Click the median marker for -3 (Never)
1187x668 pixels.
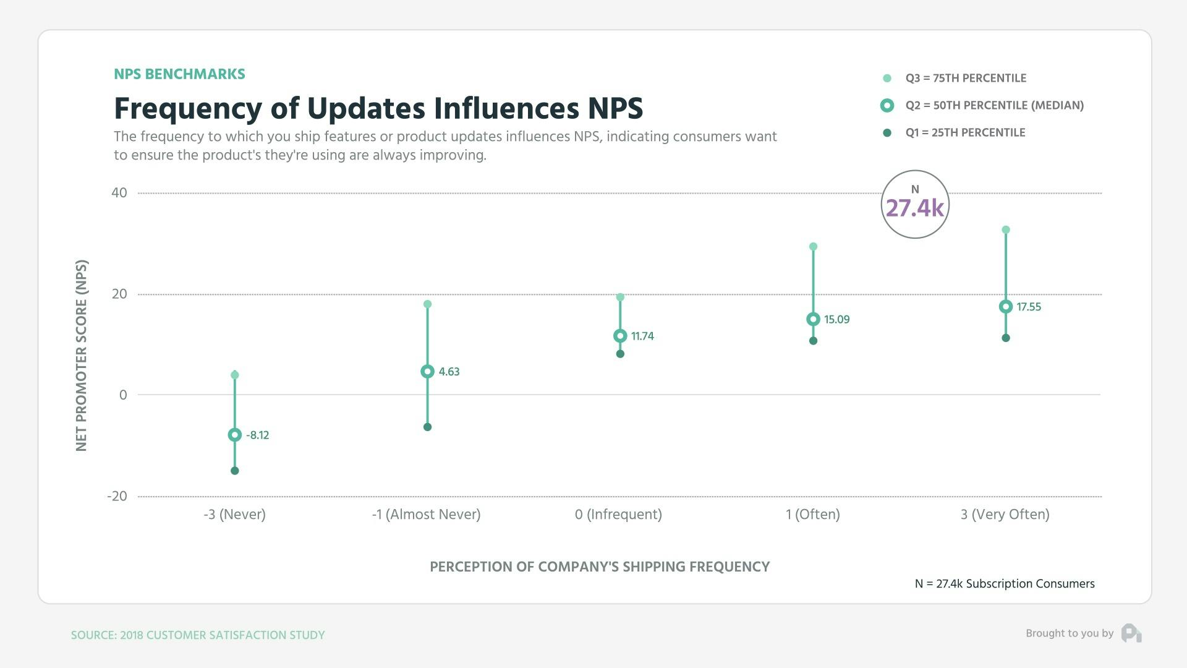click(x=234, y=435)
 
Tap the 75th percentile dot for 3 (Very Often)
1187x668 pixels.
click(x=1006, y=230)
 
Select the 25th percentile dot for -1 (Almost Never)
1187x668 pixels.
click(x=427, y=427)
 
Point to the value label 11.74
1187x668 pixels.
click(x=642, y=336)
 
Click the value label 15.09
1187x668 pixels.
click(x=836, y=320)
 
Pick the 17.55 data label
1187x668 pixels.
click(x=1029, y=307)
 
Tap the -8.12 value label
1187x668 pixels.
click(x=257, y=435)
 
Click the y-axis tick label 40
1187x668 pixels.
click(x=119, y=193)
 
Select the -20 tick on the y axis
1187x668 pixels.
click(x=117, y=496)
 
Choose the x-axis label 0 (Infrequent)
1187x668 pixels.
click(x=618, y=515)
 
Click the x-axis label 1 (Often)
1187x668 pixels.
click(x=812, y=515)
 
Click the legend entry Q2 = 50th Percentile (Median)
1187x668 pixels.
click(x=994, y=106)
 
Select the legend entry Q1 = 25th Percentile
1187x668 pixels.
click(x=965, y=133)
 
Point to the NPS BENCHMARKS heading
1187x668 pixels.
click(x=179, y=74)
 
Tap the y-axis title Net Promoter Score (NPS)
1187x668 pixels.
click(x=82, y=356)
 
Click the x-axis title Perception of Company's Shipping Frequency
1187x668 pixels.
click(x=599, y=567)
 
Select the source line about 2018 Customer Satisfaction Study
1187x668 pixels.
click(x=197, y=635)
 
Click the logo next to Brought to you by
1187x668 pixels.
click(x=1131, y=633)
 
